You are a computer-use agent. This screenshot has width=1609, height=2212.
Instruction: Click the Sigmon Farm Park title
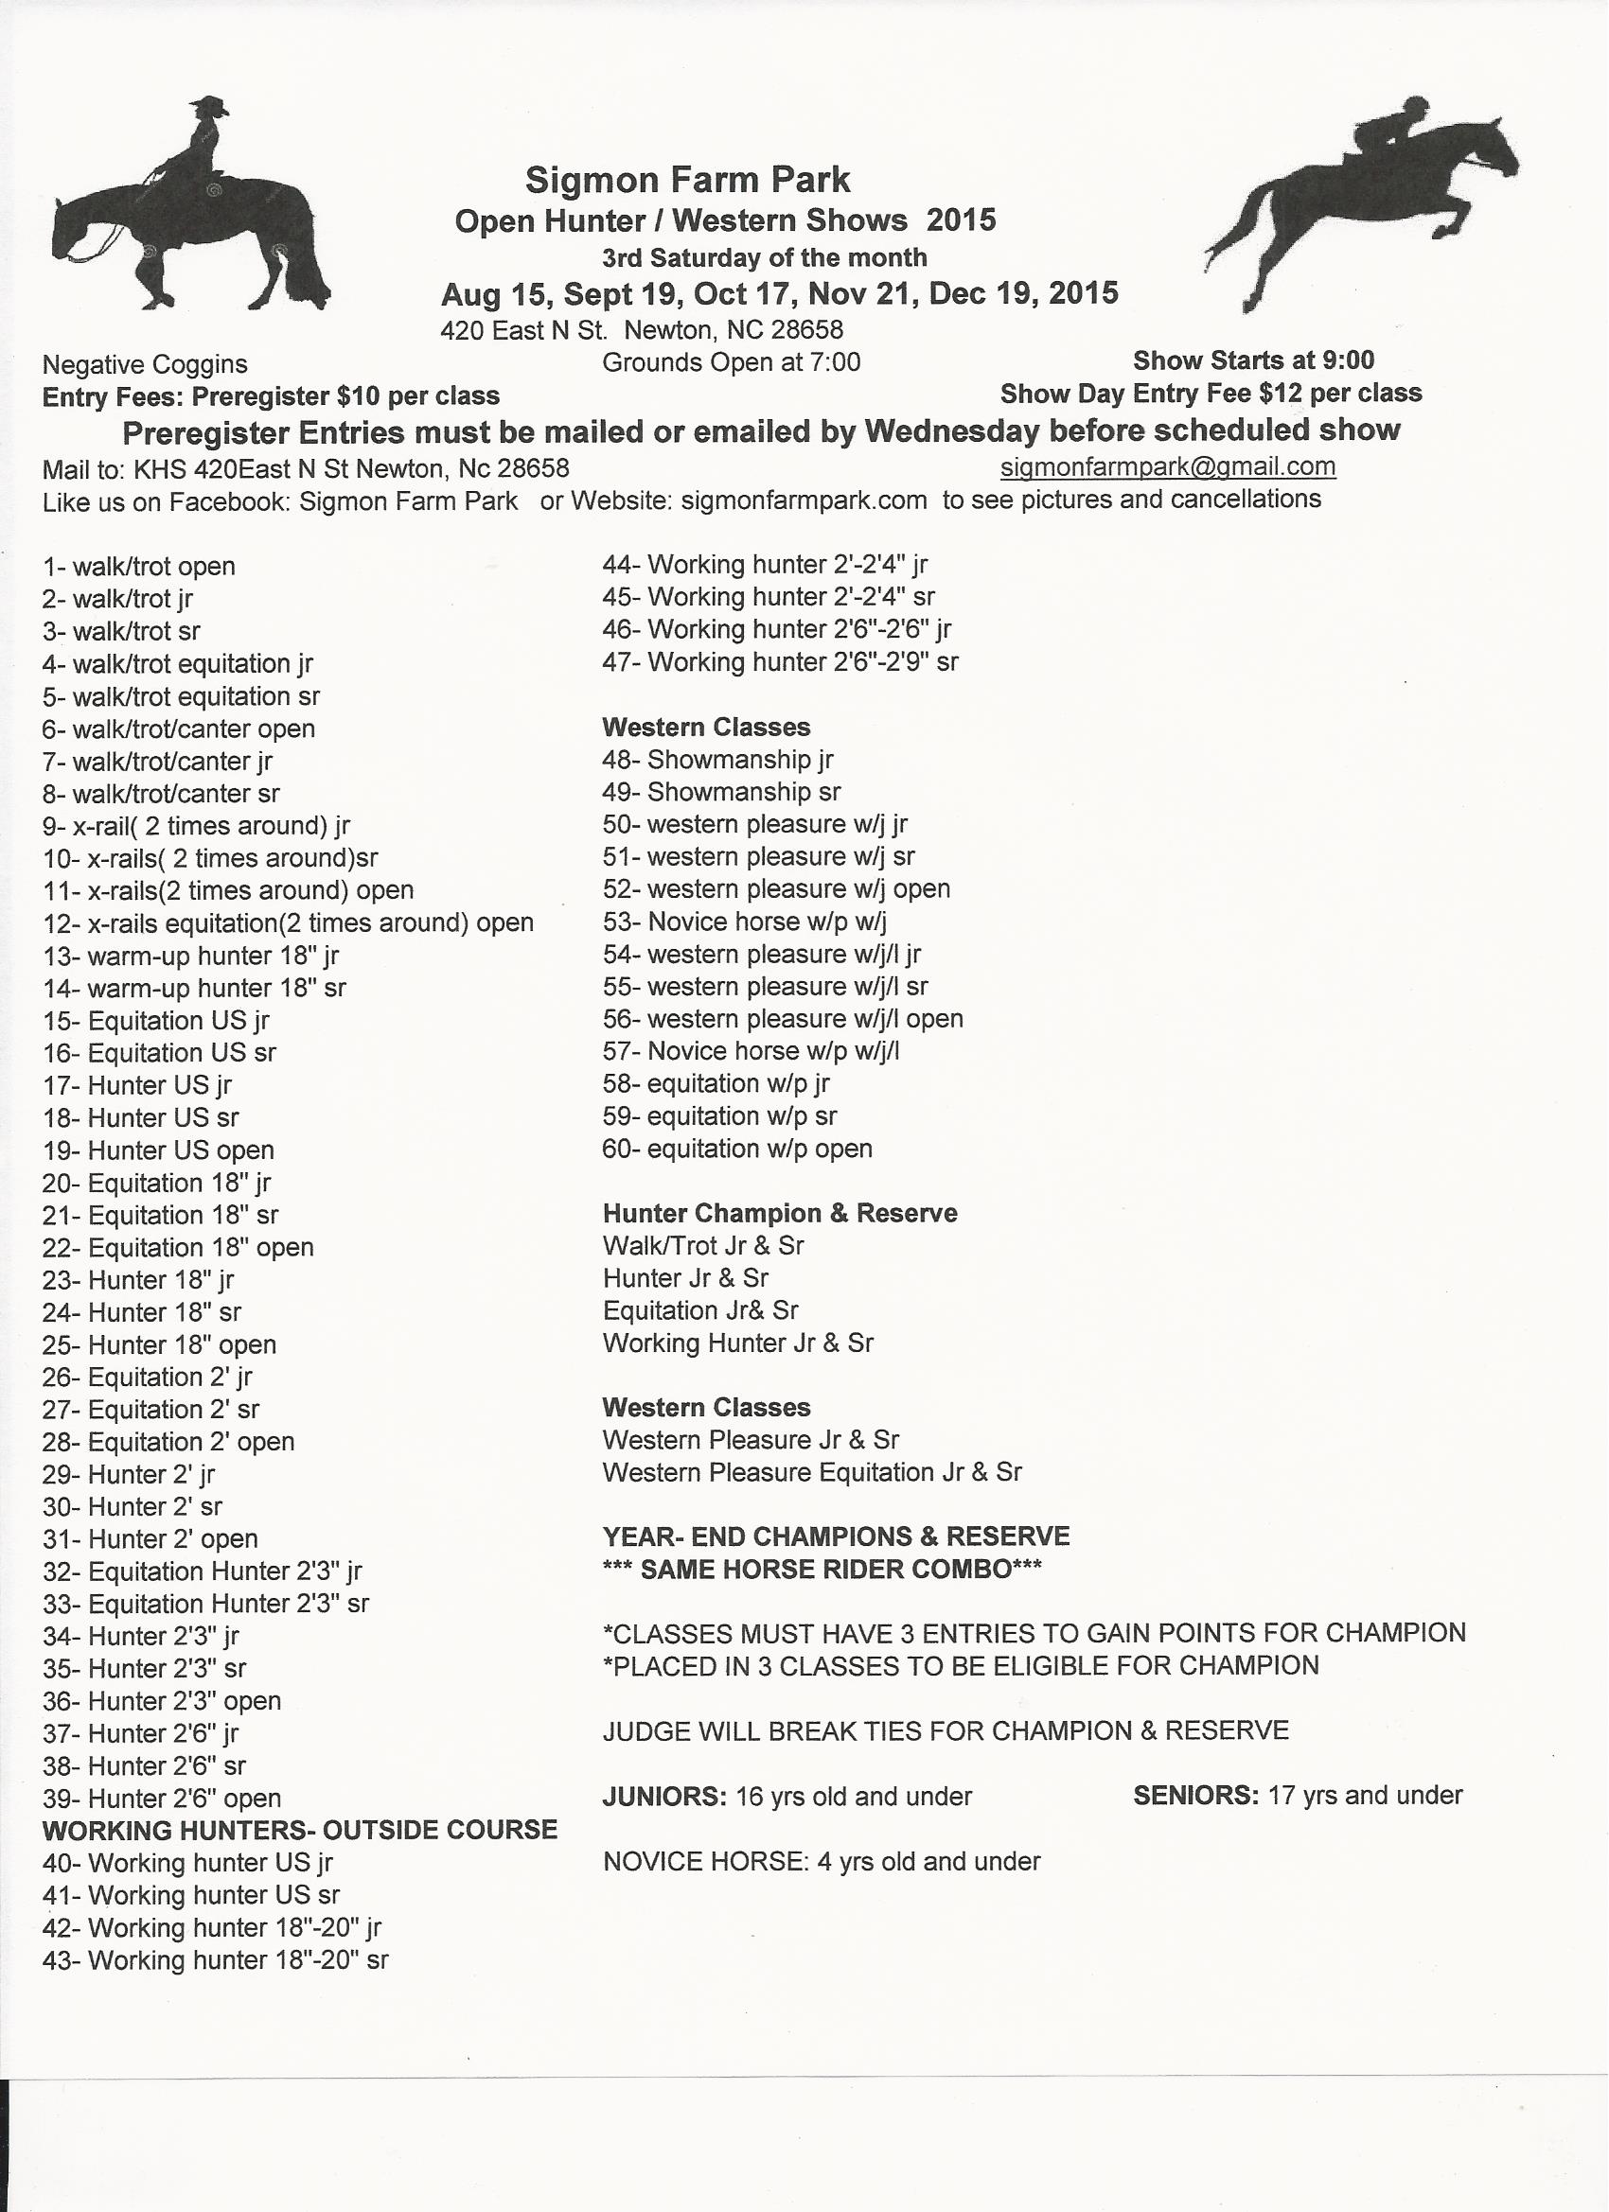coord(687,180)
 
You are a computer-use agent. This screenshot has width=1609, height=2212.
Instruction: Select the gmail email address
coord(1168,466)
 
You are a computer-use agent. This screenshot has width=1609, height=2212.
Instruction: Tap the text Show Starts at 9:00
coord(1253,360)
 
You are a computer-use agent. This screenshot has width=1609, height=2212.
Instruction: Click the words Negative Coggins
coord(145,365)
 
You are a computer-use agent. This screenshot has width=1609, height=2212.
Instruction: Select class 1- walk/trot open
coord(138,567)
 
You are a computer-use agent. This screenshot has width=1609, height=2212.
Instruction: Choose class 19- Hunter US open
coord(158,1150)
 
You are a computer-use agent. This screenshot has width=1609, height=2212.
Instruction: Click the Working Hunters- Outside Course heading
coord(299,1830)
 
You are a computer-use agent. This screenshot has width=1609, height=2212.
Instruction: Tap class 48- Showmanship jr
coord(717,759)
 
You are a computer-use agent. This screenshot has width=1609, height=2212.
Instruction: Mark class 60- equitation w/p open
coord(736,1148)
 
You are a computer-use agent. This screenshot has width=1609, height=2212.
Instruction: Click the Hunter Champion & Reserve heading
coord(780,1213)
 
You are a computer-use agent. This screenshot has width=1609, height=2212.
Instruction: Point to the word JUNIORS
coord(663,1797)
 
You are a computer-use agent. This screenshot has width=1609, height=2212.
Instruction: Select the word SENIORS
coord(1195,1796)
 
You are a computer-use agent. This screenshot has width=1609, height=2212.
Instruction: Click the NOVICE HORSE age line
coord(822,1861)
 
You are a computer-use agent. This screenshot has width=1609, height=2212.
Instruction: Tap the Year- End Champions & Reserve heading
coord(837,1536)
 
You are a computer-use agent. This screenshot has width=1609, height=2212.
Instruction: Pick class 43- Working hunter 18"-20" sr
coord(215,1959)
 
